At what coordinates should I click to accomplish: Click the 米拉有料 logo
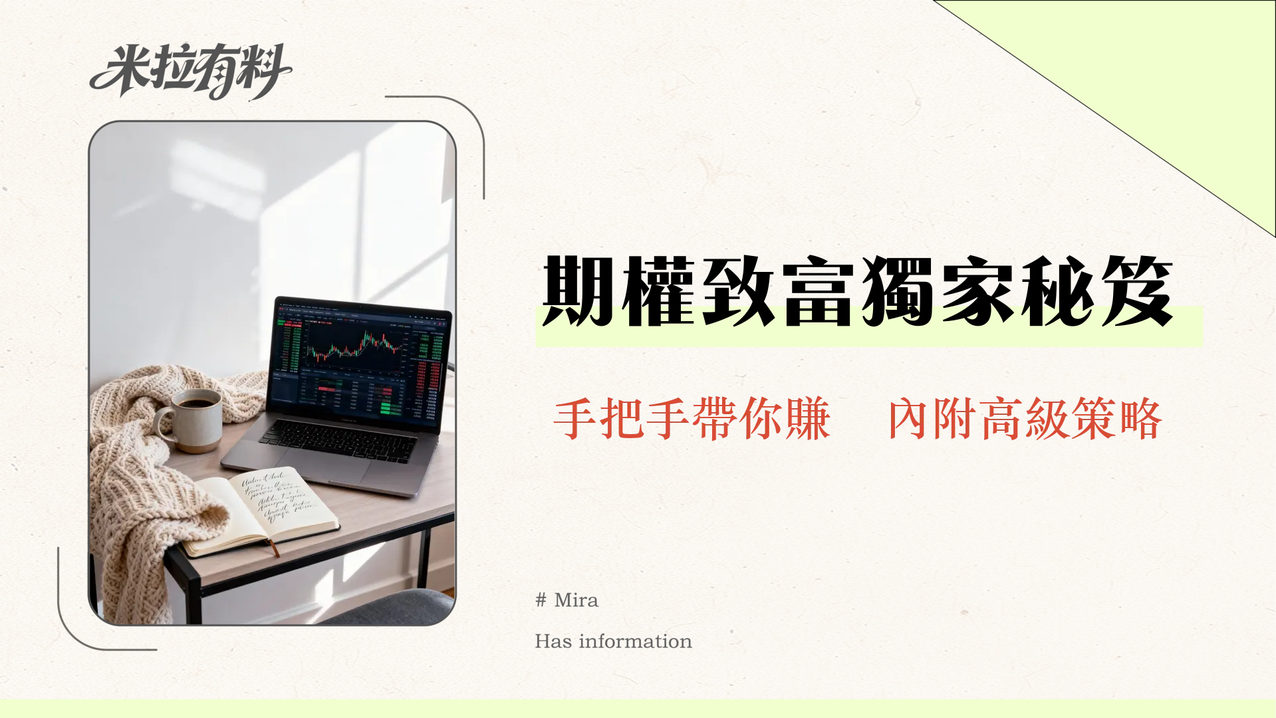pyautogui.click(x=190, y=70)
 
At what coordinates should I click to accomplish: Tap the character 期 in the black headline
pyautogui.click(x=577, y=291)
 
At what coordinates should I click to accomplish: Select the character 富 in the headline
pyautogui.click(x=817, y=291)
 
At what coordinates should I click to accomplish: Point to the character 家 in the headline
pyautogui.click(x=977, y=291)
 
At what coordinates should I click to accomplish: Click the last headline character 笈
pyautogui.click(x=1136, y=291)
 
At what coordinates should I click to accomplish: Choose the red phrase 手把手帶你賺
pyautogui.click(x=692, y=419)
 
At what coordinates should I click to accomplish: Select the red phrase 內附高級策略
pyautogui.click(x=1025, y=419)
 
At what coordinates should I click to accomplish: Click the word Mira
pyautogui.click(x=576, y=600)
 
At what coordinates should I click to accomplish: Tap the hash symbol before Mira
pyautogui.click(x=541, y=600)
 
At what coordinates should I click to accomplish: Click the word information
pyautogui.click(x=635, y=642)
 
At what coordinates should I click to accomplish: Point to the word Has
pyautogui.click(x=553, y=642)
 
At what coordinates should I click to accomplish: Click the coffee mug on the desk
pyautogui.click(x=197, y=419)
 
